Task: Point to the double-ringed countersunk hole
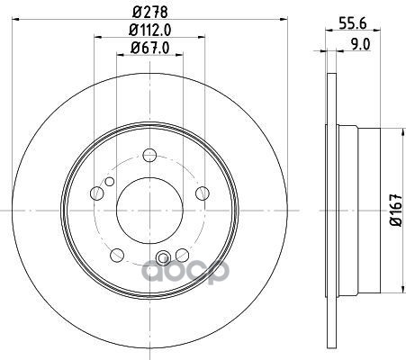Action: point(163,260)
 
